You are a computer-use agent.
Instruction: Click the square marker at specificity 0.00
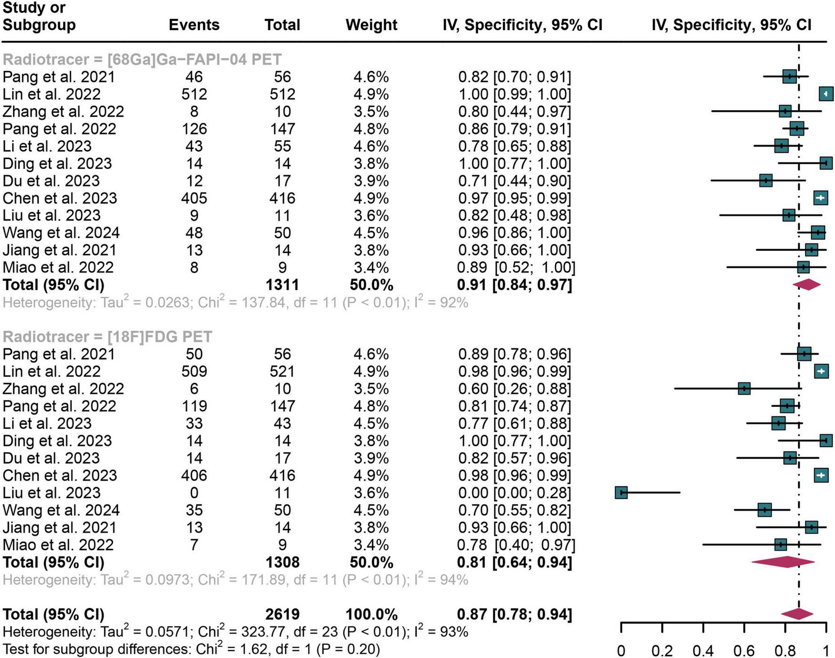621,493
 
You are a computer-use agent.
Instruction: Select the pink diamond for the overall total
797,614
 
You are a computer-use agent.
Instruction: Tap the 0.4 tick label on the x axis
703,651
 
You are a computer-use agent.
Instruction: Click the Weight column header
371,25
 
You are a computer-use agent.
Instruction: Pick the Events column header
194,25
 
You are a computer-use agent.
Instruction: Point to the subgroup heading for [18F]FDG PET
107,337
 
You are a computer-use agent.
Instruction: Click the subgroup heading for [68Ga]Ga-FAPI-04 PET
142,59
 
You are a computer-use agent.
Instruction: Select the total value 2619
282,614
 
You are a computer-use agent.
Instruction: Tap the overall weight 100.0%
371,614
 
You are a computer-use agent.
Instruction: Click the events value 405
194,198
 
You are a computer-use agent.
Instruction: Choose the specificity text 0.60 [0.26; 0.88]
515,389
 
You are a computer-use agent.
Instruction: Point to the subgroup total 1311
282,285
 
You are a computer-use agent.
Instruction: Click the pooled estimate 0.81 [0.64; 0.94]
515,562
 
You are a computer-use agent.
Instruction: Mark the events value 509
194,371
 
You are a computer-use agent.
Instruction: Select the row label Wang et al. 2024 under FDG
61,510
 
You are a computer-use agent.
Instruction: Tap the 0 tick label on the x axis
621,651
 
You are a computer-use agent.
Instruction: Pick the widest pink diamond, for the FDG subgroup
783,562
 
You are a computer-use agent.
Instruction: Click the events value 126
194,129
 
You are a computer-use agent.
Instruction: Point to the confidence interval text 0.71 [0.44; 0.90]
515,181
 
